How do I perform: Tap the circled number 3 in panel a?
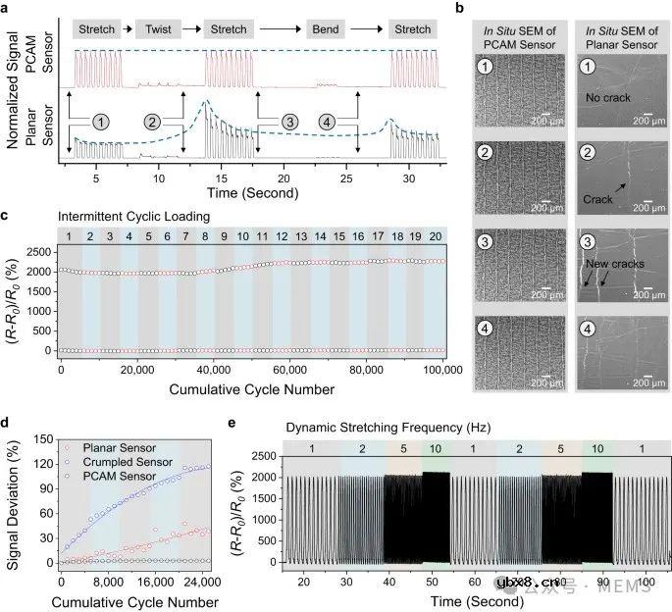coord(288,122)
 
